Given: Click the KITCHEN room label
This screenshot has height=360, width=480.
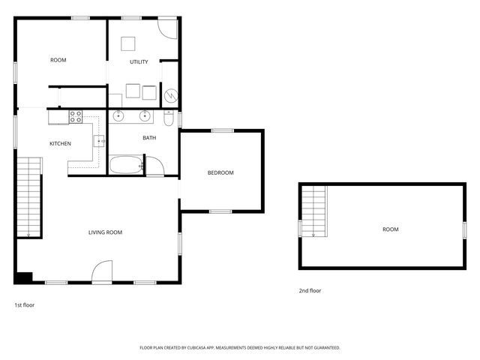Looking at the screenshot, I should (60, 143).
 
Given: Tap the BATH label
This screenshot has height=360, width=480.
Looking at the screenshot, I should (149, 138).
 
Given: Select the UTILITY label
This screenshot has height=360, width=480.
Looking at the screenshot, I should (139, 61).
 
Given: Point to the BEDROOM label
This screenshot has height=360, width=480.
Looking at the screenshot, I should (220, 173).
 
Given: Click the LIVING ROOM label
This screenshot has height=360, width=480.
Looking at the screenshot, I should (105, 232).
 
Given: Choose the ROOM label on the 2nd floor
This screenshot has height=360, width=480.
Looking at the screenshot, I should (390, 229).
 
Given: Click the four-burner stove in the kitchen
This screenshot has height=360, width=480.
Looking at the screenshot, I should (76, 116).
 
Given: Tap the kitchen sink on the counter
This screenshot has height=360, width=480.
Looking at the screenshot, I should (98, 140).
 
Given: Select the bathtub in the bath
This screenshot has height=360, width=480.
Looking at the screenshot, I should (126, 164).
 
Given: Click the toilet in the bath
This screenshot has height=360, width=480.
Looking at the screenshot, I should (169, 118).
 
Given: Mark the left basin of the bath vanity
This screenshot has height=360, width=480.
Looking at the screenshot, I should (118, 116).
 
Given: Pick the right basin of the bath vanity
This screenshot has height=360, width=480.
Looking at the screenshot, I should (144, 116).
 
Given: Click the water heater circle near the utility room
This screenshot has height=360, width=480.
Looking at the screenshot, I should (170, 96).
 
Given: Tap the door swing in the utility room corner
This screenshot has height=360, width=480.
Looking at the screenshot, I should (169, 28).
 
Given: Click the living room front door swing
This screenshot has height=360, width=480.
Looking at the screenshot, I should (102, 271).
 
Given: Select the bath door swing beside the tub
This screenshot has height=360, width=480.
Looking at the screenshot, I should (154, 166).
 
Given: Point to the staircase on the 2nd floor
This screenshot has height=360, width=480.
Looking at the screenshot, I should (314, 211).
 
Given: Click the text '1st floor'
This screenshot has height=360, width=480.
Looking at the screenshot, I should (24, 305).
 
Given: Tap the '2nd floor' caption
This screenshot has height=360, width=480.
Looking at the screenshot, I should (310, 290).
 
